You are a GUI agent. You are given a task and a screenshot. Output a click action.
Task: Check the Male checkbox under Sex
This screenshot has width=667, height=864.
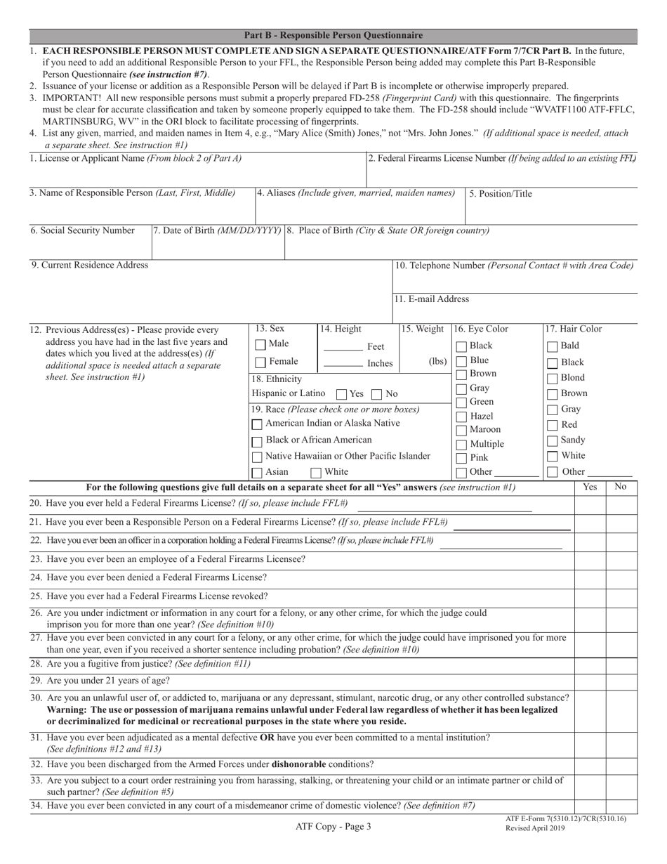click(x=260, y=345)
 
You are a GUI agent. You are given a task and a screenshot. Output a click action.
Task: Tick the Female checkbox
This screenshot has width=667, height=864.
click(x=260, y=362)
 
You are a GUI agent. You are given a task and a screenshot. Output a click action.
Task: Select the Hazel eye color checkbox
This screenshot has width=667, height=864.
click(x=461, y=416)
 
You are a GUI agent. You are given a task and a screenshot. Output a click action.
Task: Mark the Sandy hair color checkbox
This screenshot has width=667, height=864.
click(x=553, y=440)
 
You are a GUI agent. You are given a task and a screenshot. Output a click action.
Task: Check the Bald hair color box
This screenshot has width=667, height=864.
click(x=553, y=346)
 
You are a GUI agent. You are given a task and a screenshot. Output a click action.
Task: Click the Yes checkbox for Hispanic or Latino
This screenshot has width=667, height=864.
click(x=342, y=394)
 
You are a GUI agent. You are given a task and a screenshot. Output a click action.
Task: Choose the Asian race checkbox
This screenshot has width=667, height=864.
click(x=258, y=473)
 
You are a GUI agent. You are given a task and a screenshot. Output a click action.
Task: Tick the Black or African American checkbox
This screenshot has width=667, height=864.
click(x=258, y=441)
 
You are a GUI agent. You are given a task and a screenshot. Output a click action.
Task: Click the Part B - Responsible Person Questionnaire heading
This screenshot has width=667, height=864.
click(x=333, y=35)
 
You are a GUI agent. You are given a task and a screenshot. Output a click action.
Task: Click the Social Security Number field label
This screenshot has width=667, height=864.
click(x=83, y=230)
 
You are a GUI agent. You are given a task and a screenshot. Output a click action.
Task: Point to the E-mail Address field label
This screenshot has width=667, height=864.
click(x=432, y=299)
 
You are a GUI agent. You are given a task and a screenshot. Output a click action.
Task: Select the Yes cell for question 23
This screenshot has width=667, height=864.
click(x=590, y=560)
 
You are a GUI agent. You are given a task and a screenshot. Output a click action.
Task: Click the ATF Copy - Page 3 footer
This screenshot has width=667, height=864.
click(x=333, y=827)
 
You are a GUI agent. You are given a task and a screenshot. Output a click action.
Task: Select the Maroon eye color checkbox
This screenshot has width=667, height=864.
click(x=461, y=430)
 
